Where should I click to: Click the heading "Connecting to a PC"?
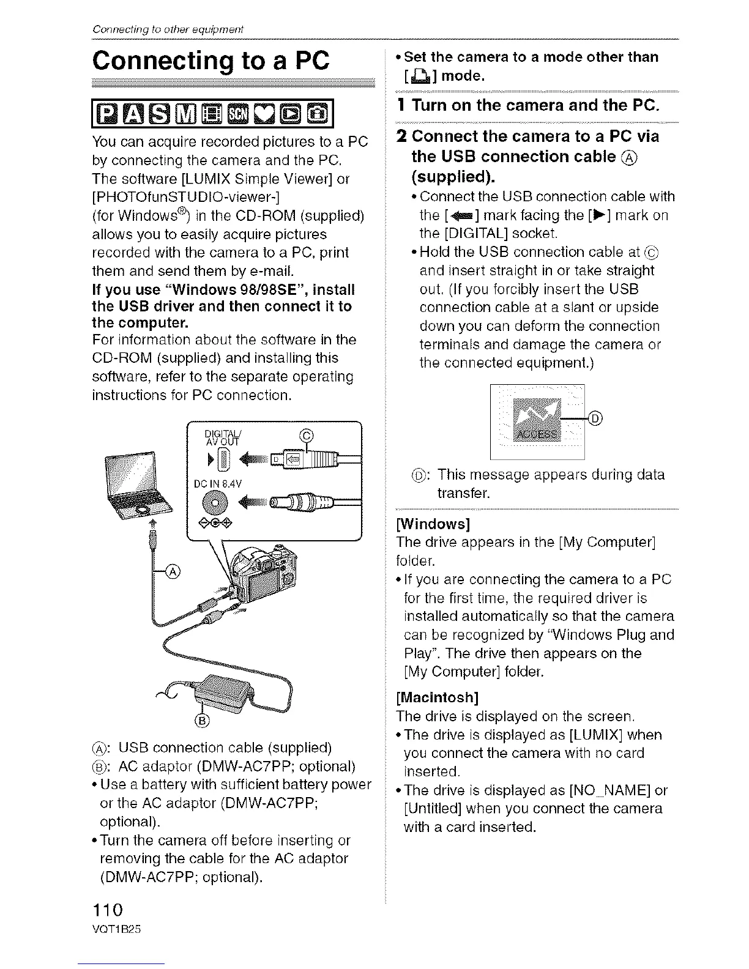point(211,62)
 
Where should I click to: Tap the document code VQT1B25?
point(116,929)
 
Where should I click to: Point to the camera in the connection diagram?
point(263,576)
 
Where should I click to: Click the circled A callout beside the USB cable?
point(174,571)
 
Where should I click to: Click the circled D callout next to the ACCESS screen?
point(595,418)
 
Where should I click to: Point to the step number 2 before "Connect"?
point(401,136)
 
